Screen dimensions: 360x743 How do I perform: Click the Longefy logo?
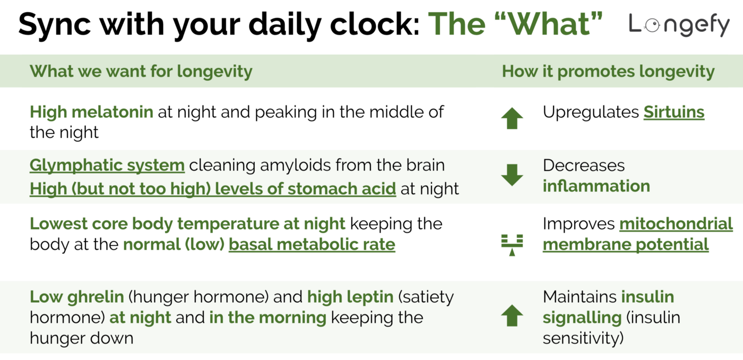coord(679,24)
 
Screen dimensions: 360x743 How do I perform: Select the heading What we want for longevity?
coord(141,71)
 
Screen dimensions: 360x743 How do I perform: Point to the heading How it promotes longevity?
coord(608,71)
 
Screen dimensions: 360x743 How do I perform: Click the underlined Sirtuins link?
coord(674,112)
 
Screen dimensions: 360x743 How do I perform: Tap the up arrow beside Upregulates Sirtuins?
coord(512,118)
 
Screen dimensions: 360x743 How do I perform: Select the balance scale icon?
coord(512,244)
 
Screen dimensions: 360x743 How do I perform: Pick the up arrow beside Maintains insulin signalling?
coord(512,316)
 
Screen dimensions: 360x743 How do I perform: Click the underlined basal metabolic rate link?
coord(312,244)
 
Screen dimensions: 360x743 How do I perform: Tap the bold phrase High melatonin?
coord(91,112)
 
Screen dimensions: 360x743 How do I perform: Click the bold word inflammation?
coord(596,186)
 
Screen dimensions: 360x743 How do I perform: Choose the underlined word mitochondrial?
coord(676,224)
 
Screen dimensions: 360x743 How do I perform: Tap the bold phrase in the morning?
coord(267,318)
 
